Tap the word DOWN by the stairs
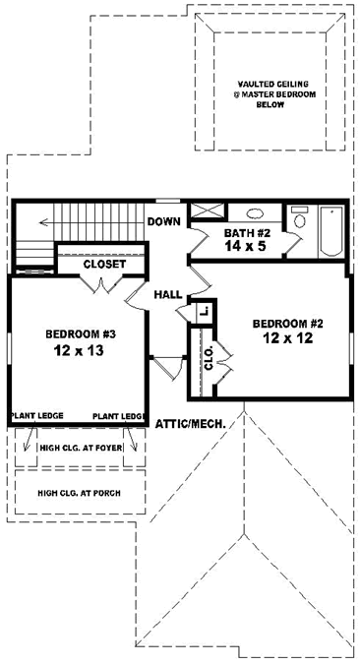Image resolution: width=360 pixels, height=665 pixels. click(x=163, y=221)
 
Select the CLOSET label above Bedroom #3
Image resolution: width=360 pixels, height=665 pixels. click(x=103, y=265)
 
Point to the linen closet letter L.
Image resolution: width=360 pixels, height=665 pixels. click(x=203, y=311)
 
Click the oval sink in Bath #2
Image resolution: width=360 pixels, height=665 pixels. click(x=252, y=212)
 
